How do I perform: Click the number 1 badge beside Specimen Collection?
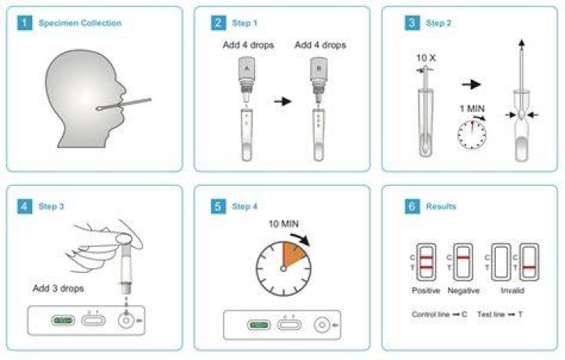point(24,23)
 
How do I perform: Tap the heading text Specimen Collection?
point(80,23)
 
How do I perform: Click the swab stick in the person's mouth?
point(124,104)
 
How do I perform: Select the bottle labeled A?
point(247,80)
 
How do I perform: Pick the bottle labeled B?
point(319,80)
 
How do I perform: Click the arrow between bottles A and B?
point(282,101)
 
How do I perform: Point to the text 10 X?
point(426,57)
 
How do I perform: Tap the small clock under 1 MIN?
point(472,134)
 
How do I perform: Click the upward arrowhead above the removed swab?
point(521,43)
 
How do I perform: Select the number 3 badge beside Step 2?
point(412,23)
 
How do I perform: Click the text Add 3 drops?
point(58,289)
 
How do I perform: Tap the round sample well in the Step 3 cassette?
point(126,320)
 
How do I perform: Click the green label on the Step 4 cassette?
point(259,325)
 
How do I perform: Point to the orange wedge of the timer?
point(293,254)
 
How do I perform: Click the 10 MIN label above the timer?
point(283,224)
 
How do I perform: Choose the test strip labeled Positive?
point(426,262)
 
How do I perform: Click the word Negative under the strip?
point(464,290)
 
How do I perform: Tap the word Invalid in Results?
point(512,290)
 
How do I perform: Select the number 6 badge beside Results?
point(412,206)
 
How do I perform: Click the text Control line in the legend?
point(431,315)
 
